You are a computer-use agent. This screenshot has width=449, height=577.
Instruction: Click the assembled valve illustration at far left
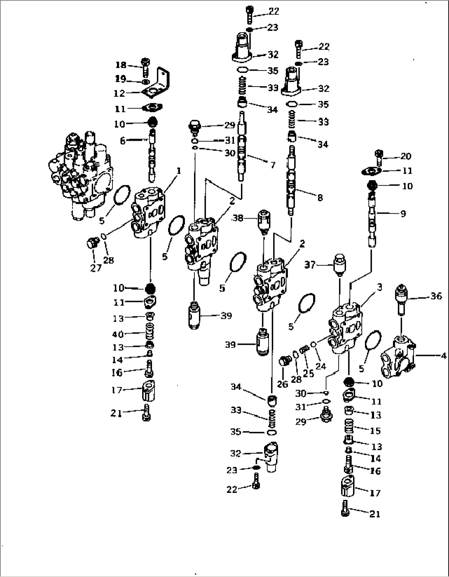[x=80, y=173]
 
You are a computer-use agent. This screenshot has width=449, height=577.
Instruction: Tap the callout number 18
[x=121, y=65]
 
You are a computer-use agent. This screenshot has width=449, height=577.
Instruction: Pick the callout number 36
[x=436, y=296]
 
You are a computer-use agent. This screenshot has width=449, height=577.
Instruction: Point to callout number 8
[x=320, y=198]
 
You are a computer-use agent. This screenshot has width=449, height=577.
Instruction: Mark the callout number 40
[x=118, y=334]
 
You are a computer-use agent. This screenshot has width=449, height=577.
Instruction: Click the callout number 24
[x=321, y=366]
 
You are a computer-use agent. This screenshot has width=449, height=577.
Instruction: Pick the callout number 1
[x=179, y=170]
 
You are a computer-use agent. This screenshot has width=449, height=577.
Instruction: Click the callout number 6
[x=122, y=141]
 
